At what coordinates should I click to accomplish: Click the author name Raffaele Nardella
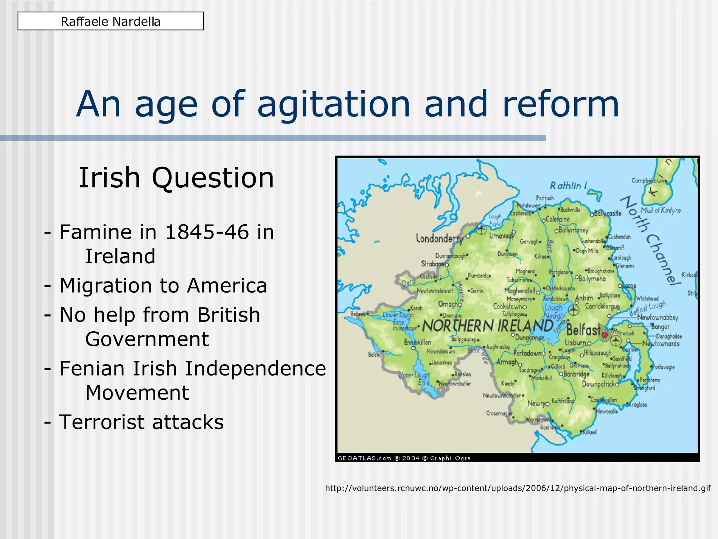(110, 21)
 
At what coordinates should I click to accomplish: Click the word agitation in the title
(333, 104)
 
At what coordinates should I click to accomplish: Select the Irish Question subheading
(176, 178)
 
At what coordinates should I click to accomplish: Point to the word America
(227, 285)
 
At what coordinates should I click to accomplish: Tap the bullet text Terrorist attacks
(141, 422)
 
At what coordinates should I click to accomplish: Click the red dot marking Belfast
(604, 335)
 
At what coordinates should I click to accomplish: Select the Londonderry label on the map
(439, 239)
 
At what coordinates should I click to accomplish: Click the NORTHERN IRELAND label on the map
(488, 326)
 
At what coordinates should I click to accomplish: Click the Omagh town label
(448, 304)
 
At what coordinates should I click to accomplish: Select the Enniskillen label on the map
(417, 342)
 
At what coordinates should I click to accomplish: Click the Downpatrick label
(598, 384)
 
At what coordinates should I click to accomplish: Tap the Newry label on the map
(536, 404)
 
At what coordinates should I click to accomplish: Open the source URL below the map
(518, 488)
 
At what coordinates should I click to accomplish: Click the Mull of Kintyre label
(661, 210)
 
